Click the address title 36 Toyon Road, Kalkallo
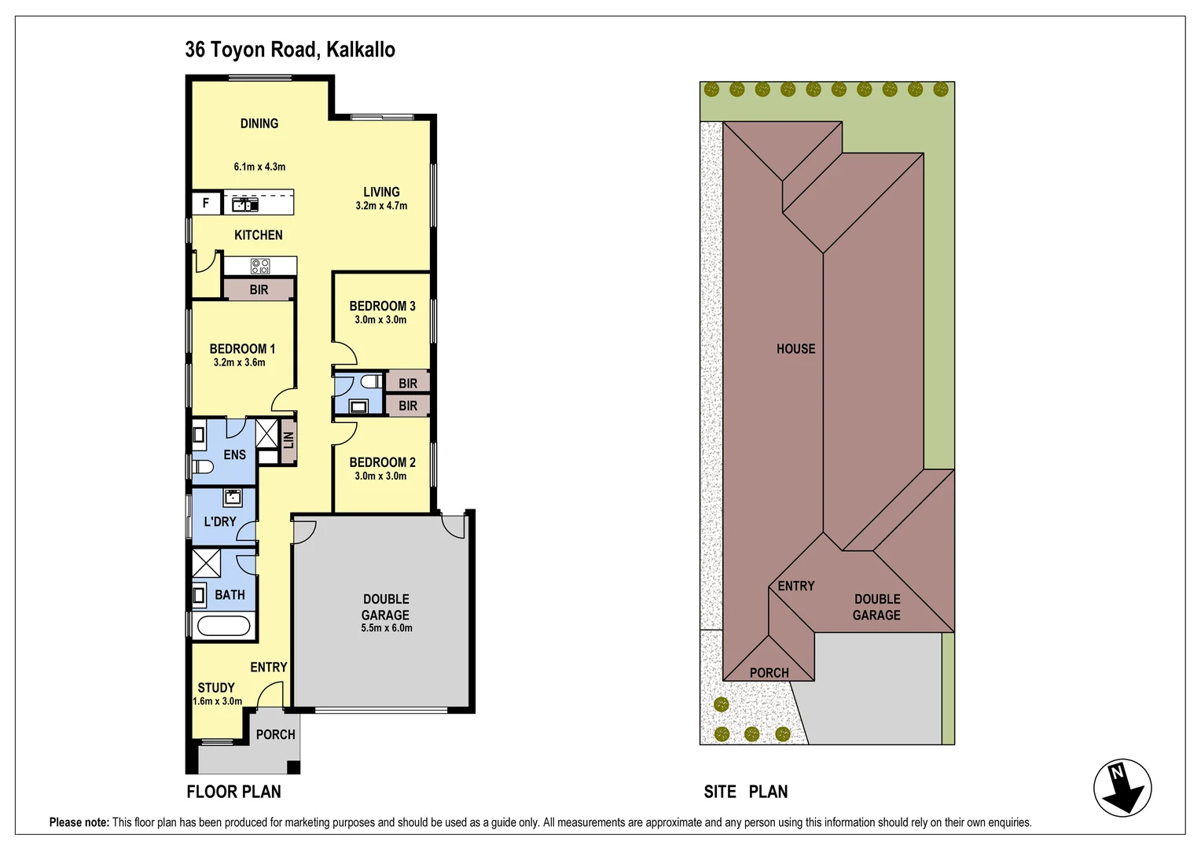click(x=290, y=50)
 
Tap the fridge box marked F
click(x=206, y=203)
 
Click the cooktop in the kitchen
click(x=260, y=266)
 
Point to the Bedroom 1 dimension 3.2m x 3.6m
click(x=240, y=362)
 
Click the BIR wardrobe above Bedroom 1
click(x=259, y=290)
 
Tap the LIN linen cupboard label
click(x=288, y=440)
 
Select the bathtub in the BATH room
click(x=223, y=626)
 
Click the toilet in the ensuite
click(x=203, y=467)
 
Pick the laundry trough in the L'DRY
click(x=233, y=497)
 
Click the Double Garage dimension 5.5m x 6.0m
click(x=386, y=628)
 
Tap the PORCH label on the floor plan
click(x=275, y=734)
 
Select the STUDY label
click(x=216, y=687)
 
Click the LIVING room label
click(x=381, y=192)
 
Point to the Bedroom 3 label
click(x=382, y=306)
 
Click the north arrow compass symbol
click(x=1122, y=788)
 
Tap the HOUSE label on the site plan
click(x=795, y=349)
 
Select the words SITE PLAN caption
click(x=745, y=792)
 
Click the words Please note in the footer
click(x=79, y=822)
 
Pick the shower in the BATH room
click(x=207, y=564)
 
